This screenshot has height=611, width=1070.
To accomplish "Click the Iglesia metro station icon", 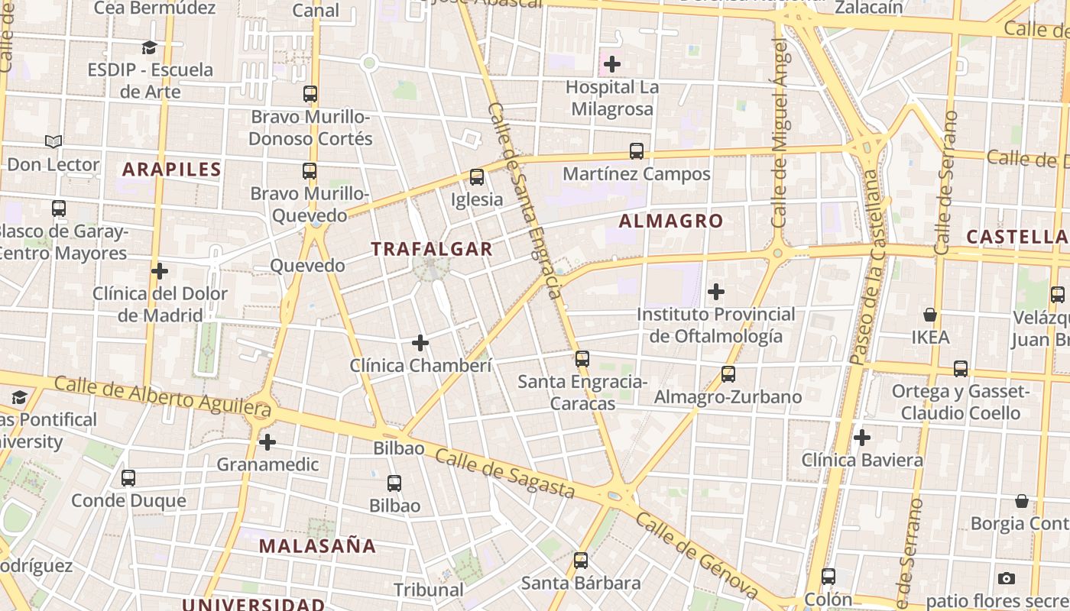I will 477,177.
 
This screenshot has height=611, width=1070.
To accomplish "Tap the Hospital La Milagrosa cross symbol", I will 612,64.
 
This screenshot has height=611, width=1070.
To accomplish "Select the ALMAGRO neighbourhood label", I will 671,221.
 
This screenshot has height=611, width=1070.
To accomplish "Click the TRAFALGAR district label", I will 432,249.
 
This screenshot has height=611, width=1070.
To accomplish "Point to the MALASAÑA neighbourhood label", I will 317,546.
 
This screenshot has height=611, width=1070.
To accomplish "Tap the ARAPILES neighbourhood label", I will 172,170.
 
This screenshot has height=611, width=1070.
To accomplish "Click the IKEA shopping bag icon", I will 930,315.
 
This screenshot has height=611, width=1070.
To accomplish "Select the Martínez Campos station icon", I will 637,151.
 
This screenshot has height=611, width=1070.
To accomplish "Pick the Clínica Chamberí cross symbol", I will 420,343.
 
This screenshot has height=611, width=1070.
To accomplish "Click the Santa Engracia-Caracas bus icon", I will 582,359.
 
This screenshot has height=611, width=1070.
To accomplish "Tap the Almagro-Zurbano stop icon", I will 728,374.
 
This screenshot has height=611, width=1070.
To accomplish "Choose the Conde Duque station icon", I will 128,478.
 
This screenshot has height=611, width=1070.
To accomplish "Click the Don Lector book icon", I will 53,141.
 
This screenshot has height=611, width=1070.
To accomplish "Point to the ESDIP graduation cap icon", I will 149,47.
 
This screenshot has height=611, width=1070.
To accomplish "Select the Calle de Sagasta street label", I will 504,473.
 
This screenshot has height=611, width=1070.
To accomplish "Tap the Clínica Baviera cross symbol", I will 862,438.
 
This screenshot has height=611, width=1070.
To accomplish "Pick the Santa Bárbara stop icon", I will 581,561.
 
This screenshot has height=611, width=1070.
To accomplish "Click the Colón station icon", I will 828,577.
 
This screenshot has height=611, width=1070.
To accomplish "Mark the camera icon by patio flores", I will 1007,578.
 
